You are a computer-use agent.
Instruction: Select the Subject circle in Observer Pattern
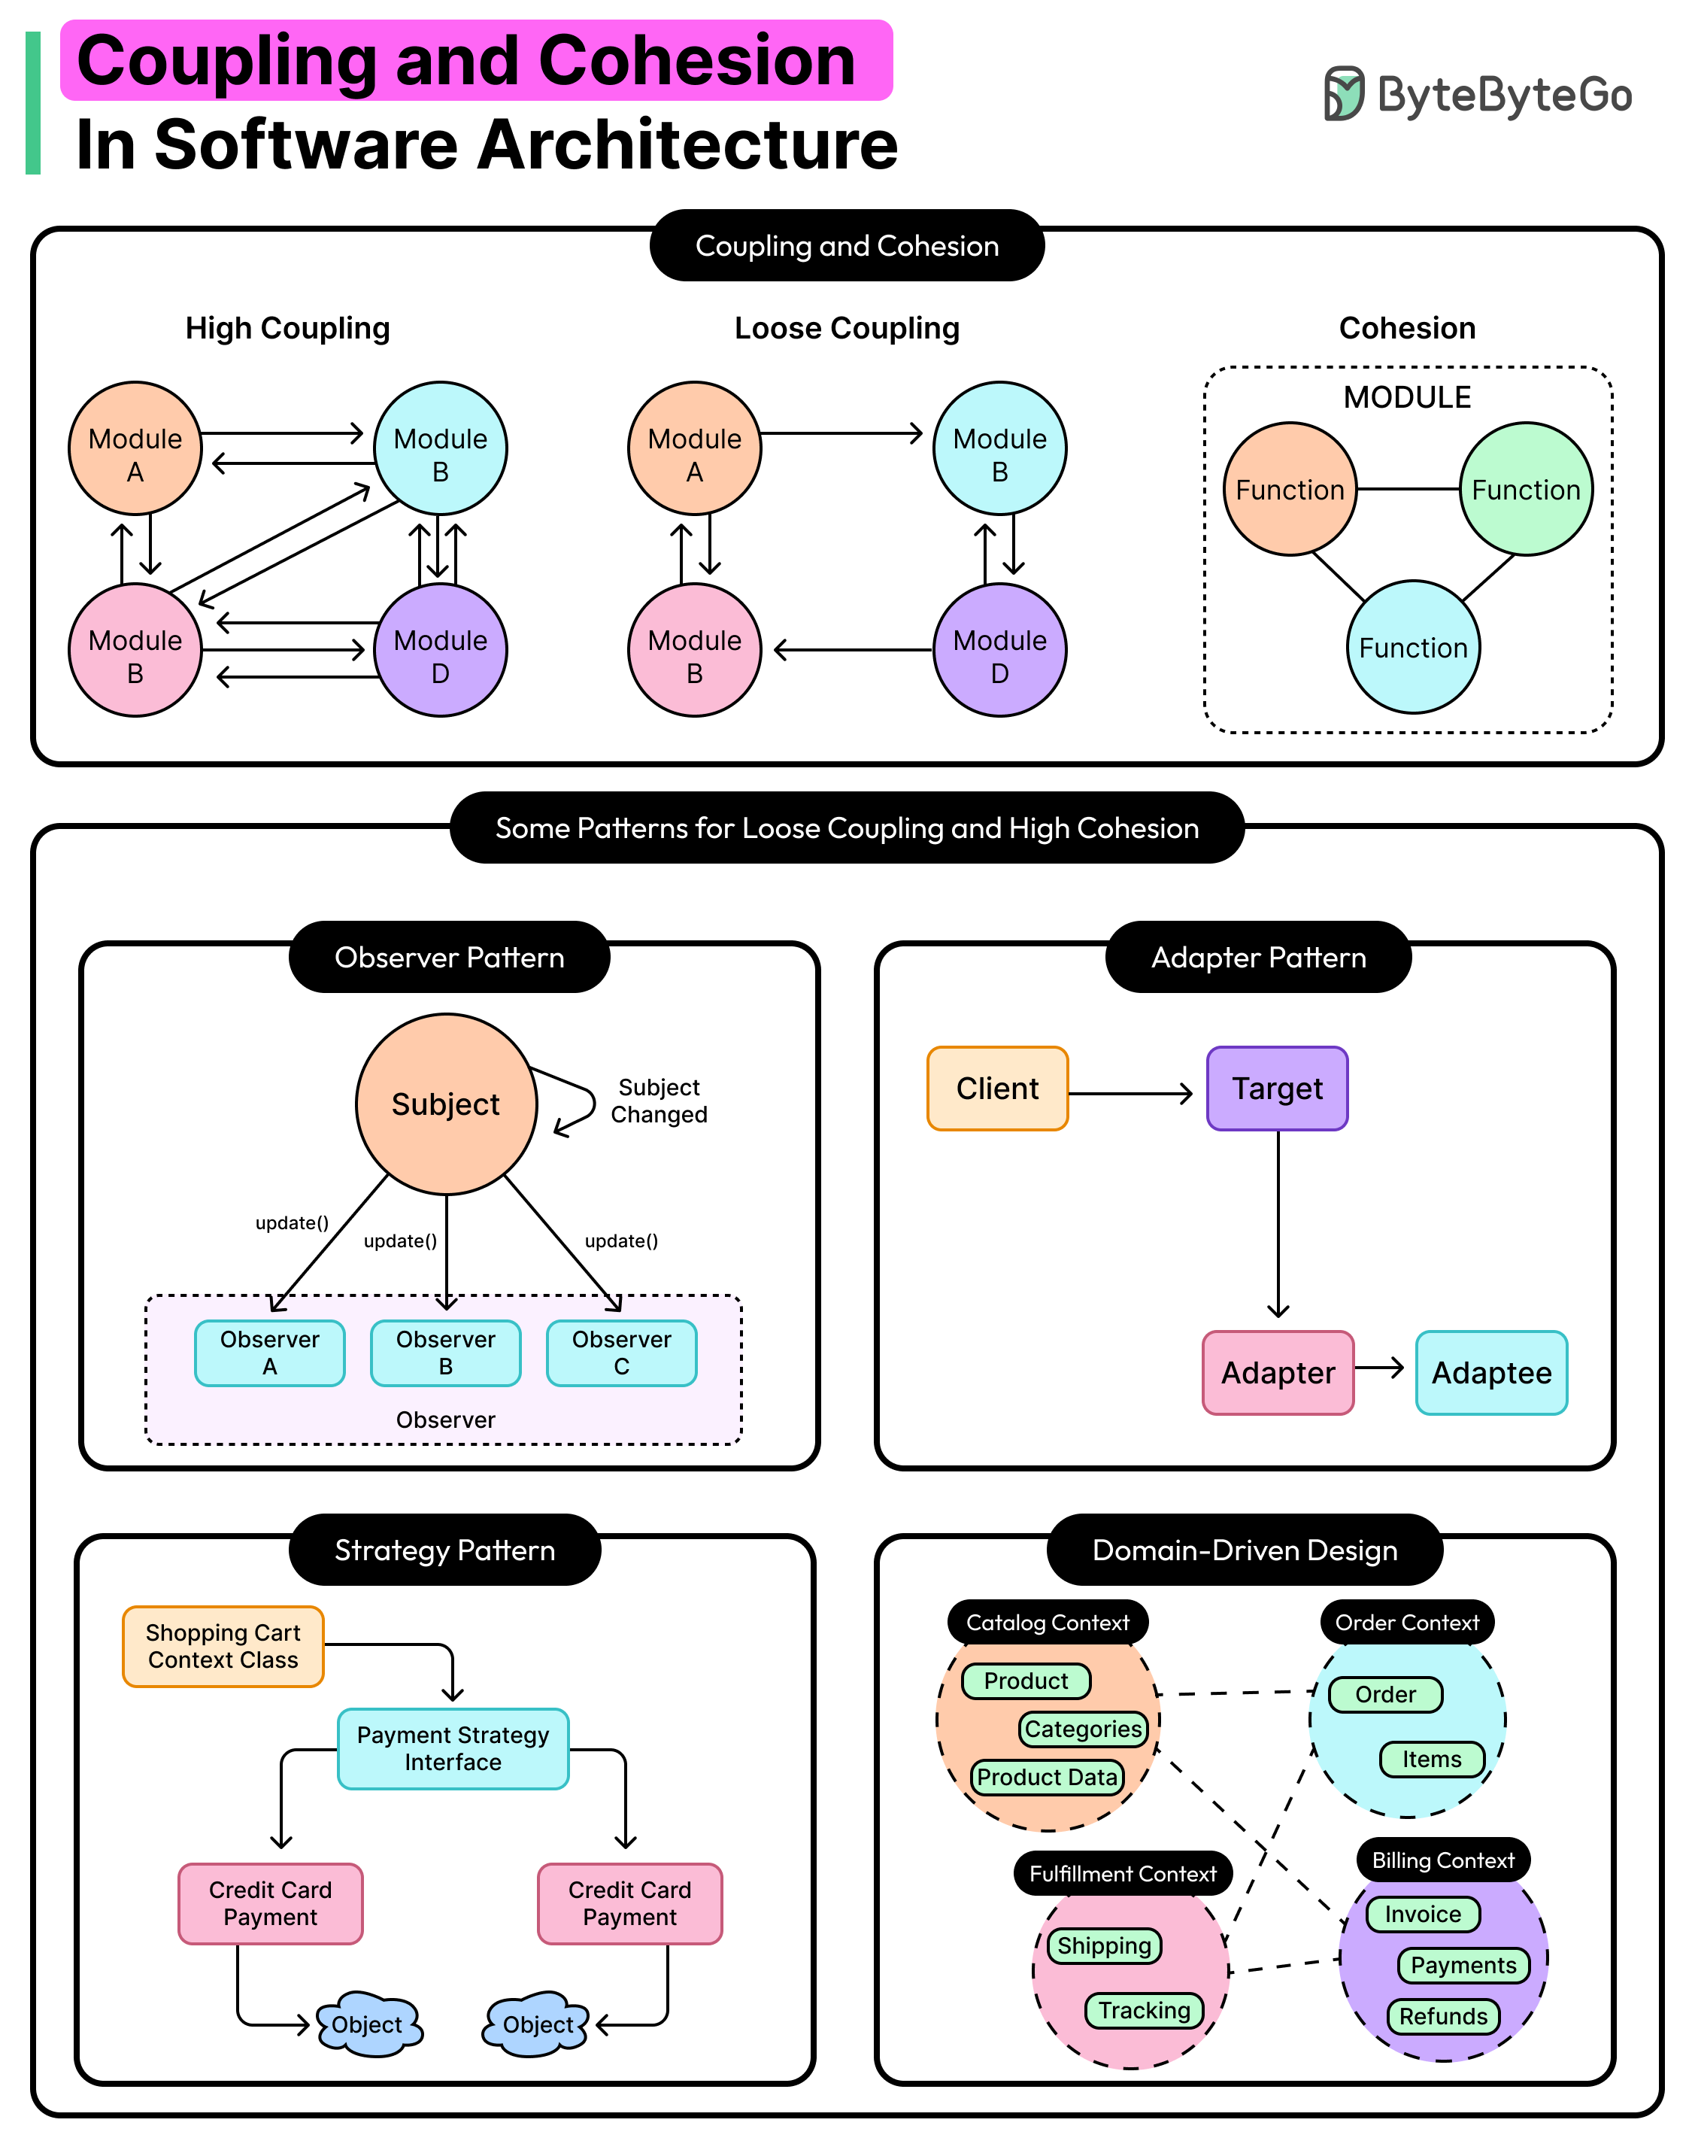446,1104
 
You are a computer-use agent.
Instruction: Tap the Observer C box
621,1353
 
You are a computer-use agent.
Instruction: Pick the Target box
1277,1088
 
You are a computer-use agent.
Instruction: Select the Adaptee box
1491,1372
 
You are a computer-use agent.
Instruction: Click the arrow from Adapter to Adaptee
1380,1368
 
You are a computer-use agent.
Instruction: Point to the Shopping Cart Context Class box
223,1646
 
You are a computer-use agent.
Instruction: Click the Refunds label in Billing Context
1442,2015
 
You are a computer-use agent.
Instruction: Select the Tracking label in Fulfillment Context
1145,2009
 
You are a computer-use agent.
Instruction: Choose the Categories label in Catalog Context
1083,1728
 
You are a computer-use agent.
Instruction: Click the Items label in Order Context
1432,1759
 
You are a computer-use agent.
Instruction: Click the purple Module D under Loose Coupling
999,650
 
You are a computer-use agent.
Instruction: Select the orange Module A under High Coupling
135,448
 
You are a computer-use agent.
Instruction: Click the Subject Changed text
659,1101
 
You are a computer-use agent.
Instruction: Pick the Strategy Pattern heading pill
444,1550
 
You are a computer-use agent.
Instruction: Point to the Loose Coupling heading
847,328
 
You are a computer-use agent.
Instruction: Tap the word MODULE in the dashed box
1407,397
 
